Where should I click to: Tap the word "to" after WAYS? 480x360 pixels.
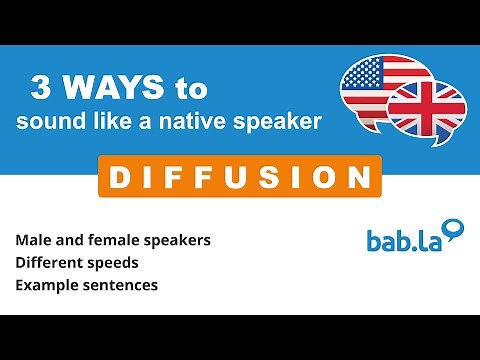click(190, 89)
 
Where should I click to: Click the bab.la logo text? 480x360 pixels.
click(401, 240)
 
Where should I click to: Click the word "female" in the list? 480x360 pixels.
click(112, 241)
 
